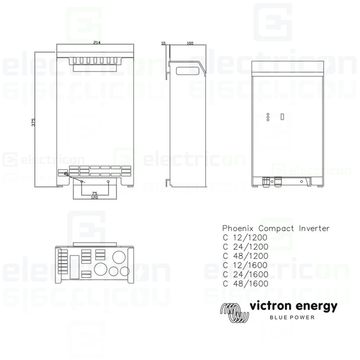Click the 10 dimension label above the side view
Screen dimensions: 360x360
pyautogui.click(x=163, y=42)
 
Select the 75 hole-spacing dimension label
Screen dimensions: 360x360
pyautogui.click(x=94, y=193)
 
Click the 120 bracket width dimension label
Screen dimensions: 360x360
pyautogui.click(x=94, y=198)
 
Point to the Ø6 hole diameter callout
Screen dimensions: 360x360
pyautogui.click(x=66, y=174)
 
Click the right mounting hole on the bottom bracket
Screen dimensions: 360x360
pyautogui.click(x=108, y=182)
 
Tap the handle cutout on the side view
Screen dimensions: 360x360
pyautogui.click(x=187, y=70)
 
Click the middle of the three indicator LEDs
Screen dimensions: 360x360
pyautogui.click(x=268, y=116)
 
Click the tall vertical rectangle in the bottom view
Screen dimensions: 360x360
pyautogui.click(x=73, y=266)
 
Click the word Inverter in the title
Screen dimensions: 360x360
pyautogui.click(x=314, y=228)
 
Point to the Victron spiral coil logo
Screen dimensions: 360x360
pyautogui.click(x=234, y=312)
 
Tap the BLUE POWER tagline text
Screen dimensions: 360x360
pyautogui.click(x=292, y=318)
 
